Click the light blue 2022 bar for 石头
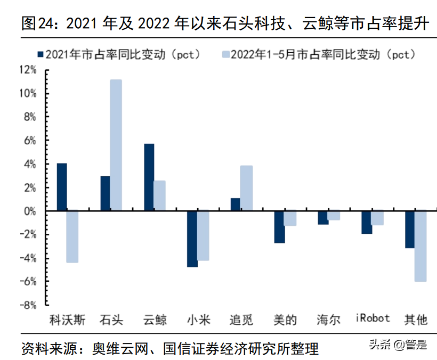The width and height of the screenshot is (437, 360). pos(116,145)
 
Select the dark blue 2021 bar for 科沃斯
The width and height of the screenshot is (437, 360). pos(62,187)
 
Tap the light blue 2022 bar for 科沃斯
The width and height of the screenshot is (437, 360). pos(72,237)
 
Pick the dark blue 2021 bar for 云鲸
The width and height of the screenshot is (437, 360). pos(149,178)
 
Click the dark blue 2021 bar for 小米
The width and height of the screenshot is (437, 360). pos(192,239)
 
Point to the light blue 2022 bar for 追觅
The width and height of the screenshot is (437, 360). pos(246,189)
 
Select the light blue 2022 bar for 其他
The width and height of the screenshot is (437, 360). pos(420,246)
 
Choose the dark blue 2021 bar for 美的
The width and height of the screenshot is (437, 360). pos(279,227)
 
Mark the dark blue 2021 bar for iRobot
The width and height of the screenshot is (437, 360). pos(366,223)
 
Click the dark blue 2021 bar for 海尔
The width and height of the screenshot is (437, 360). pos(323,218)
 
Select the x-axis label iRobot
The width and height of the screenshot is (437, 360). pos(373,319)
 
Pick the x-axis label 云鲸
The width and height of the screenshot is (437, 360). pos(155,320)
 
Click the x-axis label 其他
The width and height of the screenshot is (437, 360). pos(416,320)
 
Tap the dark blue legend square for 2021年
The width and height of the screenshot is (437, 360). pos(39,54)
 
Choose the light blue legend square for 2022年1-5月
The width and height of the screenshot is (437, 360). pos(225,54)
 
